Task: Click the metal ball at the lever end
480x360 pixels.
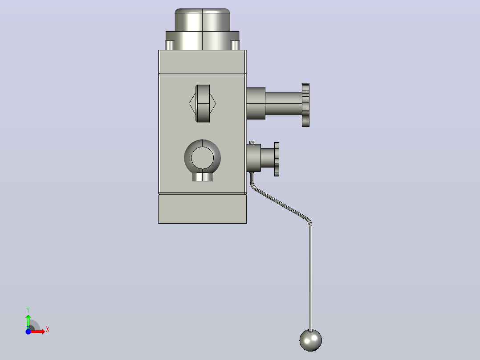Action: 310,340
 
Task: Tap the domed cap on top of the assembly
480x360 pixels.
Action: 202,20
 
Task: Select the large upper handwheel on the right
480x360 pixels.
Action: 305,105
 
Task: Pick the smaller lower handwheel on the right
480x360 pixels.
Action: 277,160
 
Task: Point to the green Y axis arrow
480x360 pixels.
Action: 28,322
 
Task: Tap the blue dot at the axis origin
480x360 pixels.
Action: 28,331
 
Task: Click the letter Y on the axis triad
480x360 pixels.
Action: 28,310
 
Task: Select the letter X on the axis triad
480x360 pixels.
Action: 48,330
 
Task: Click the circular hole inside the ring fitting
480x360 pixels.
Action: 202,158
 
